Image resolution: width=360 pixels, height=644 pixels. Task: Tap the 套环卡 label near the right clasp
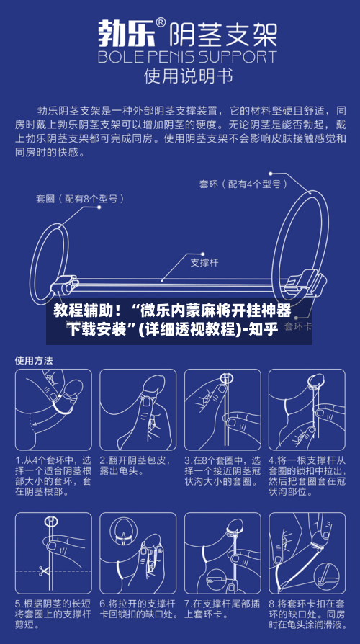tap(298, 326)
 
